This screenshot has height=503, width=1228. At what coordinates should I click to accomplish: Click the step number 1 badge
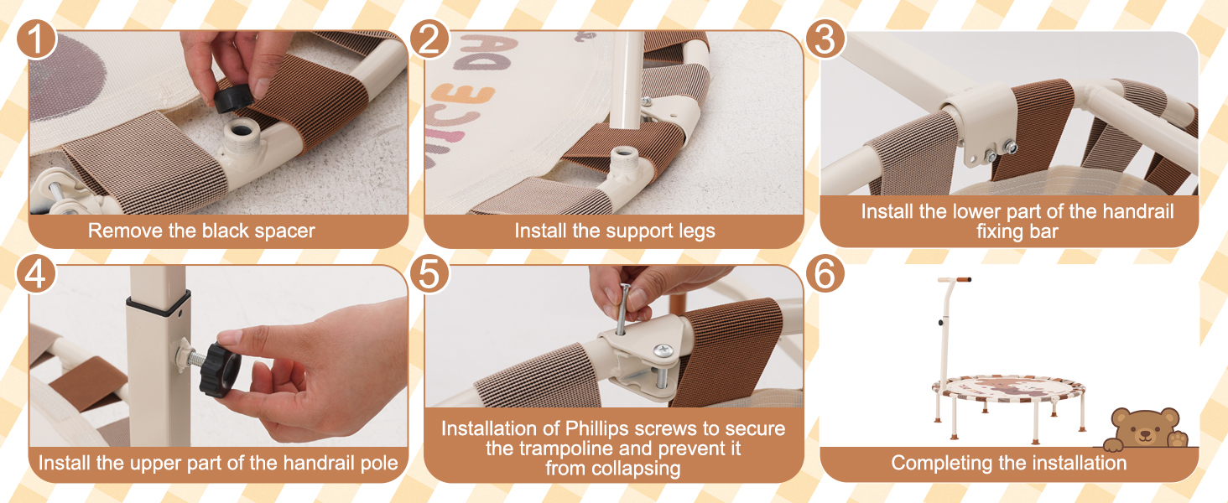click(x=36, y=39)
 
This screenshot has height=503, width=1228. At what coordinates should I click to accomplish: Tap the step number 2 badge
click(x=429, y=39)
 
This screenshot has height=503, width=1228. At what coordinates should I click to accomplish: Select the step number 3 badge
click(x=825, y=39)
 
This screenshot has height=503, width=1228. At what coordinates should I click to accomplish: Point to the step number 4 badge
click(x=36, y=273)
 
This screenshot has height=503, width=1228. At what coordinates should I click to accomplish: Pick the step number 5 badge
click(x=429, y=273)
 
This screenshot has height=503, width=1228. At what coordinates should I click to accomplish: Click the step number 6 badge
click(x=825, y=273)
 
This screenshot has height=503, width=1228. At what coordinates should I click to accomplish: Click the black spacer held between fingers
click(x=233, y=100)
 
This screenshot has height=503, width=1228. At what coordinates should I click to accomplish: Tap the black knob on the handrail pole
click(x=220, y=369)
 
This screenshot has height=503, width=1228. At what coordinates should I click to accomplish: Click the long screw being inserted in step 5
click(x=622, y=309)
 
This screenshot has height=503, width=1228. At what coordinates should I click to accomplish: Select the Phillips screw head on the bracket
click(x=663, y=350)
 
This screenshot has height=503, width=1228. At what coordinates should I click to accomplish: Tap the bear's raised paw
click(x=1178, y=439)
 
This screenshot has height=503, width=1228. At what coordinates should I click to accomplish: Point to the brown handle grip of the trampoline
click(x=961, y=279)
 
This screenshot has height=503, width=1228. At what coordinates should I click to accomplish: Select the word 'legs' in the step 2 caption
click(x=697, y=231)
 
